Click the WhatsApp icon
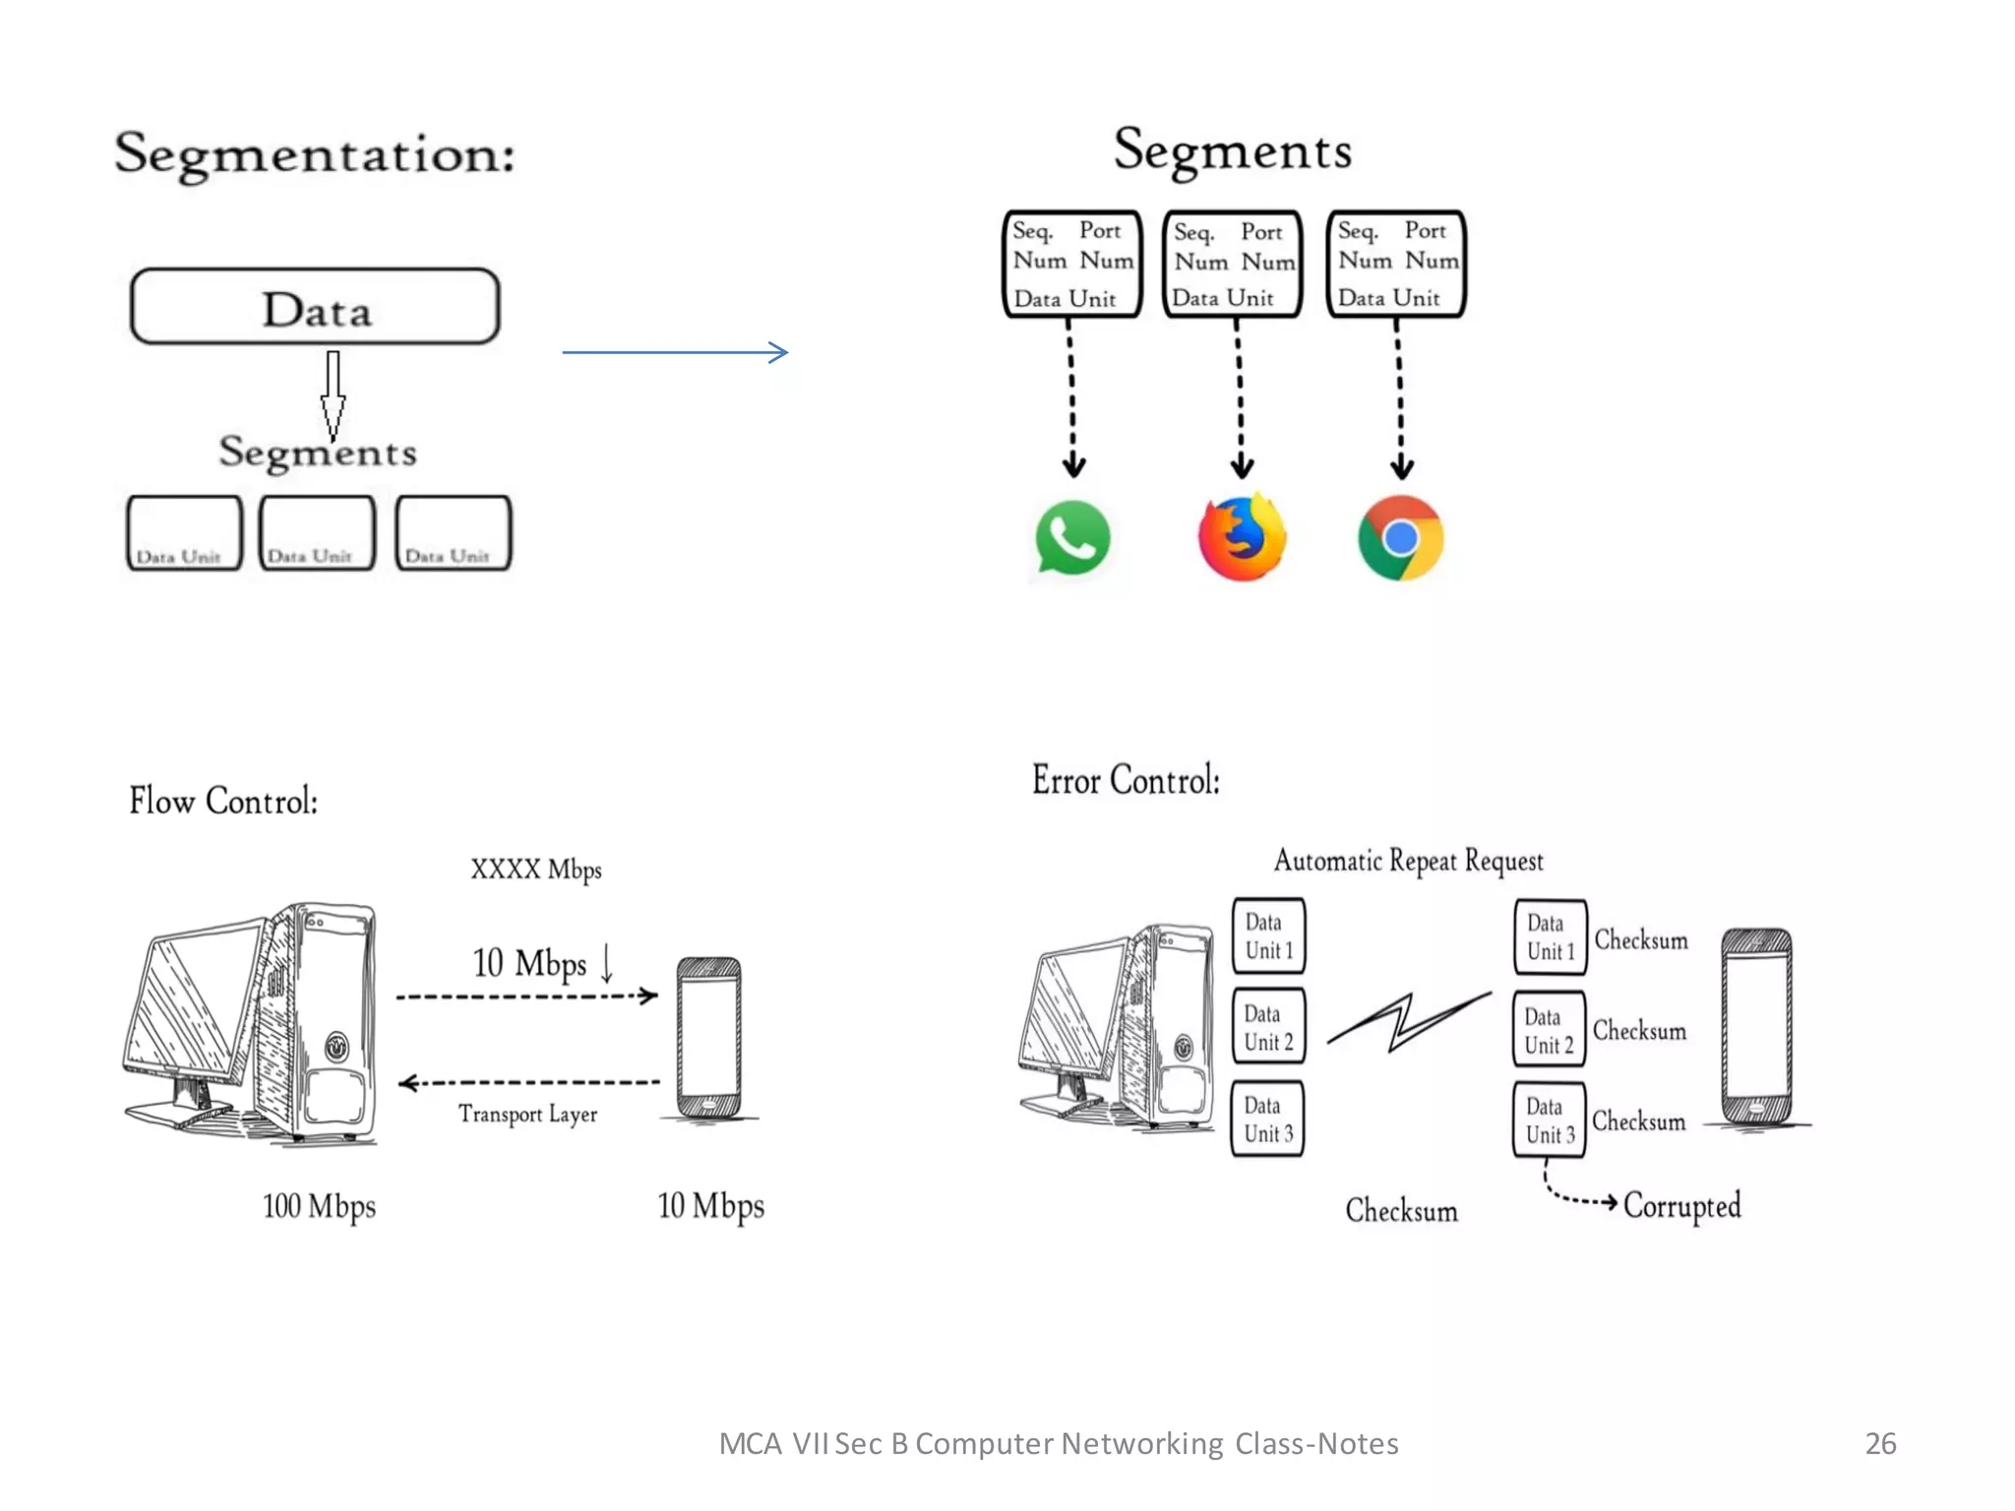click(1072, 538)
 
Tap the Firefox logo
click(1242, 538)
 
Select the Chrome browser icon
click(1400, 538)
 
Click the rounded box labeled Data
click(315, 307)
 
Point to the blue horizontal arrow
click(675, 352)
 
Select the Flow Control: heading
click(223, 801)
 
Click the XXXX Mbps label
click(535, 870)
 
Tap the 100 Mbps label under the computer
click(319, 1206)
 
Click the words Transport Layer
click(527, 1114)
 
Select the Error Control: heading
click(1126, 780)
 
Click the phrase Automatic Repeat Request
click(1408, 861)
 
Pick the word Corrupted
click(1681, 1205)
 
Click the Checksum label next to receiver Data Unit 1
click(1640, 939)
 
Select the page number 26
click(1880, 1443)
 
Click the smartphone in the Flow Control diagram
click(709, 1038)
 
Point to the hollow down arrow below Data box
click(334, 393)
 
